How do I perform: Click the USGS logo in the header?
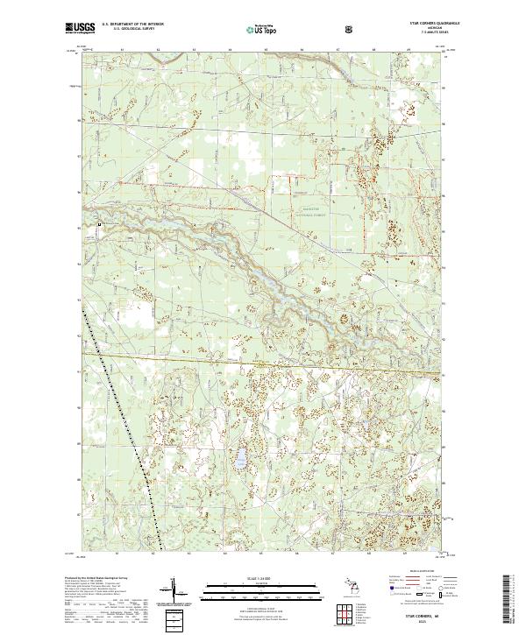80,28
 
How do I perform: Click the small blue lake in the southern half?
238,458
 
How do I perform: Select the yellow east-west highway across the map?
263,362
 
